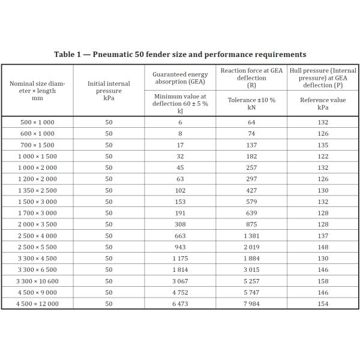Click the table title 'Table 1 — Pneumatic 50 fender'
[180, 55]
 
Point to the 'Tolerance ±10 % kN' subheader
[251, 103]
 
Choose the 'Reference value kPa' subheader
[323, 103]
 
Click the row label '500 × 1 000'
[37, 122]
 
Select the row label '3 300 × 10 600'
[37, 281]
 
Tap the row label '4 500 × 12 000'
[37, 304]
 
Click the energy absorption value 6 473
[180, 304]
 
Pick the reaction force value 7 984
[251, 304]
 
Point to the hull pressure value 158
[323, 281]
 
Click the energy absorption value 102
[180, 190]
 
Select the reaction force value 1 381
[251, 236]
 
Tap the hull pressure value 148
[323, 247]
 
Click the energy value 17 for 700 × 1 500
[180, 145]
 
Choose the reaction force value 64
[251, 122]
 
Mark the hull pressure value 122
[323, 156]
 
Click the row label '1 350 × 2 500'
[37, 190]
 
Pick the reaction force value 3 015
[251, 269]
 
